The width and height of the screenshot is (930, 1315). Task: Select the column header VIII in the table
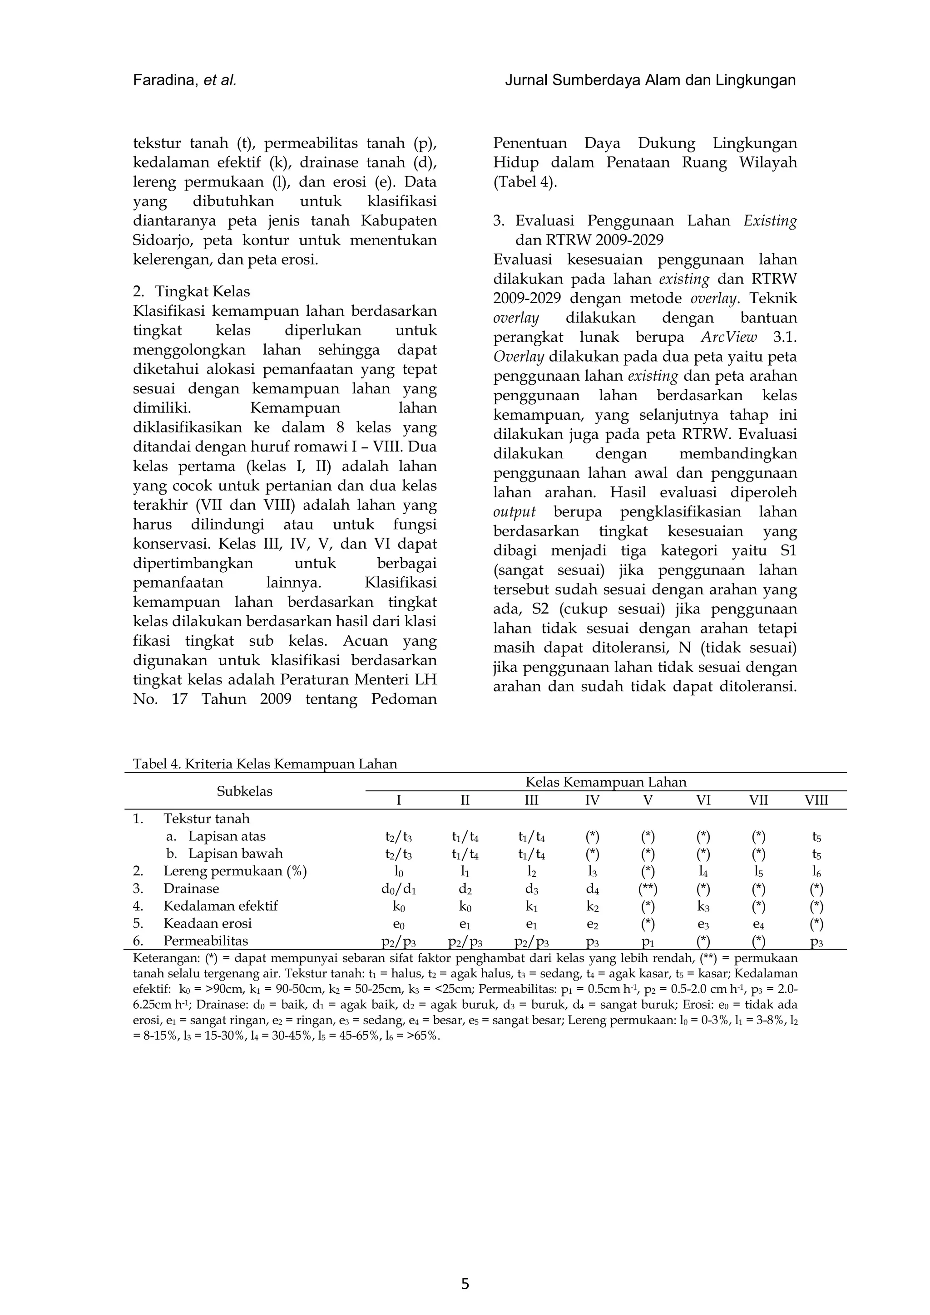[x=816, y=800]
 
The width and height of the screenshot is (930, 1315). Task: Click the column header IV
[x=592, y=800]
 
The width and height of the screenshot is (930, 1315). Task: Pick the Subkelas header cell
[x=244, y=791]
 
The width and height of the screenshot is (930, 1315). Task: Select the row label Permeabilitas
[x=205, y=941]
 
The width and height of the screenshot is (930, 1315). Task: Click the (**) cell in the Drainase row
[x=648, y=889]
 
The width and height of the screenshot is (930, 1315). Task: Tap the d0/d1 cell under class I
[x=398, y=889]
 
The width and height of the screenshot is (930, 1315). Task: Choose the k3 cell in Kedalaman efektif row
[x=703, y=906]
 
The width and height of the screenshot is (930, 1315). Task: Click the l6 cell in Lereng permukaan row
[x=816, y=872]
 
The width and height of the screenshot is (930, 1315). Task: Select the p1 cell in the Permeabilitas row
[x=648, y=942]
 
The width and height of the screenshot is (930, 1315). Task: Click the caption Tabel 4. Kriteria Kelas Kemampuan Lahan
[x=265, y=764]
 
